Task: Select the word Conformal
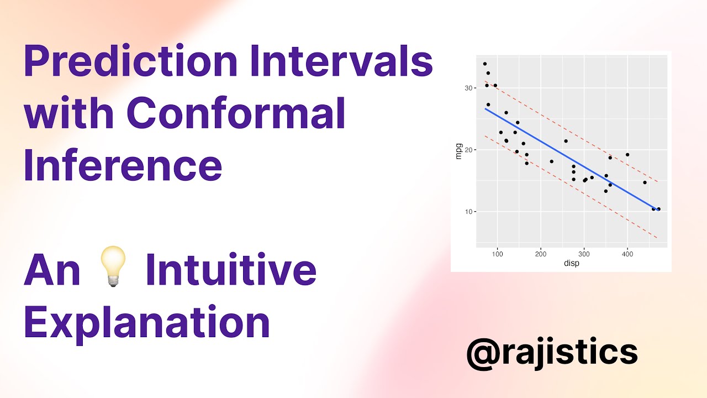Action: click(236, 113)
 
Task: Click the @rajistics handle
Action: click(552, 352)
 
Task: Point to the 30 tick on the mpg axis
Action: click(469, 88)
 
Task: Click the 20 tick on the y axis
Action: click(469, 150)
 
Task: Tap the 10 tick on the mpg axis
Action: click(469, 212)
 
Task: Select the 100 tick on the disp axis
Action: click(497, 254)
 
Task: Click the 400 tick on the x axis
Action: click(627, 254)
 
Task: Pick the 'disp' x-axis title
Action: click(571, 264)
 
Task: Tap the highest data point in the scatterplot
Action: click(485, 64)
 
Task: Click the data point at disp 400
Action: click(627, 155)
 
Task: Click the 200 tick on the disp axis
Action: click(541, 254)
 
